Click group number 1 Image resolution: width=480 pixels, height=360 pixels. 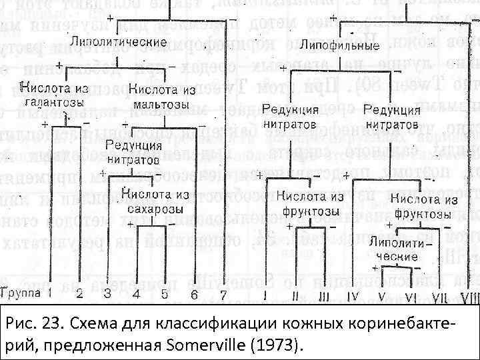click(x=49, y=293)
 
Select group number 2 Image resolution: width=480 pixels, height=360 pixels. click(x=79, y=293)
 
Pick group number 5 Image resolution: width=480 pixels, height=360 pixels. click(x=164, y=293)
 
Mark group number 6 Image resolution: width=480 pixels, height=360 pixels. click(x=193, y=293)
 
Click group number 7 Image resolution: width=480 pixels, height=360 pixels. click(x=223, y=293)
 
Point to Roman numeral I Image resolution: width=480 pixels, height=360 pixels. click(x=265, y=294)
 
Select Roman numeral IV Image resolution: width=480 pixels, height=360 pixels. click(x=353, y=294)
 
